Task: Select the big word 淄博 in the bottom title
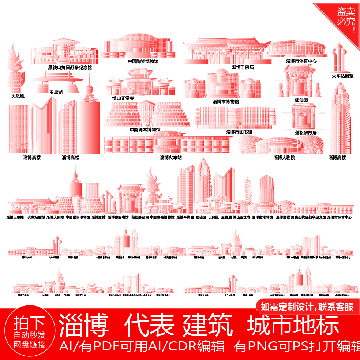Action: click(85, 325)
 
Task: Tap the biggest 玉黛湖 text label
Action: click(56, 93)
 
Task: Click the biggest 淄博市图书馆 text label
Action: click(239, 132)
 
